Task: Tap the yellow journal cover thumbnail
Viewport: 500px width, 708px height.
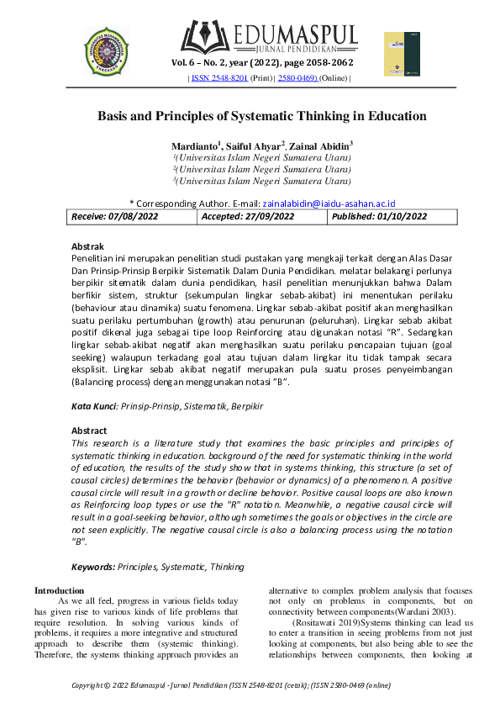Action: pos(402,55)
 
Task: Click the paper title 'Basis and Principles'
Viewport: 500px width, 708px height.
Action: pos(262,116)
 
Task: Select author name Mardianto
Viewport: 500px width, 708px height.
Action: pos(195,145)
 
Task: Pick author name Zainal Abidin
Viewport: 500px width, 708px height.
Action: pos(323,145)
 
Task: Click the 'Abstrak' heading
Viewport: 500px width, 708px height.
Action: pos(87,246)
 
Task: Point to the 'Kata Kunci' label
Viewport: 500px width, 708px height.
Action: pos(93,405)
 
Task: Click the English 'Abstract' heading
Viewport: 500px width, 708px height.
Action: pos(89,431)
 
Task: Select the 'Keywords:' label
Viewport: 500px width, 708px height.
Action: pos(93,568)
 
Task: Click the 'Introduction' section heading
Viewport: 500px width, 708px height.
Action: pos(59,590)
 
